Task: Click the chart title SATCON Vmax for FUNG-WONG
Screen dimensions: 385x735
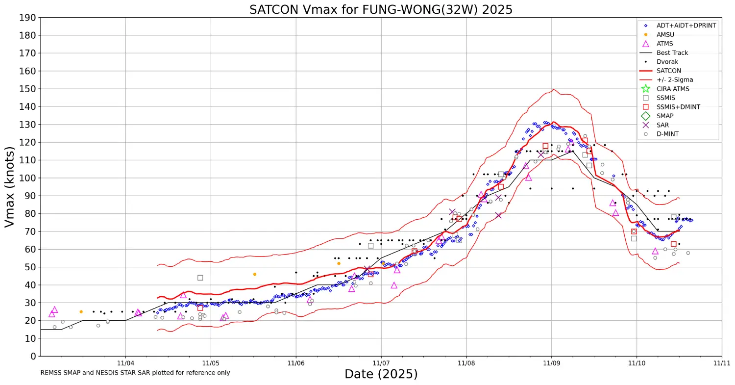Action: [x=381, y=9]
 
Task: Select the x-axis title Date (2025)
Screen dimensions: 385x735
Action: [x=381, y=374]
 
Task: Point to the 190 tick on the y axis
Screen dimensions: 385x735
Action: [x=28, y=18]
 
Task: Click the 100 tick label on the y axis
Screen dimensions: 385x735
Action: [x=28, y=178]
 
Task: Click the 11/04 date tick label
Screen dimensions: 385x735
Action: [x=125, y=364]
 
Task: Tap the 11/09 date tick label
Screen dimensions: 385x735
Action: [x=551, y=364]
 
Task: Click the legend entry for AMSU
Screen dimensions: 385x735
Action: [x=665, y=34]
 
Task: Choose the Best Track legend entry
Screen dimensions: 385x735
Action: [x=672, y=52]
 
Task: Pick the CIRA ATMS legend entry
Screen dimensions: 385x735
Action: [x=673, y=89]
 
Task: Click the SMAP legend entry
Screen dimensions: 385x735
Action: [x=665, y=116]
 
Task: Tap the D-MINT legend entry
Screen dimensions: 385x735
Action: [x=667, y=133]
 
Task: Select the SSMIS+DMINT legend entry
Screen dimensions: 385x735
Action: [x=678, y=106]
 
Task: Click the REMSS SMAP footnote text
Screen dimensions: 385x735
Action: [x=135, y=373]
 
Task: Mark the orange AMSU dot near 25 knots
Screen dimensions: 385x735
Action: [x=81, y=311]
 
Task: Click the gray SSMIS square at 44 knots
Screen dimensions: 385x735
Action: [x=200, y=278]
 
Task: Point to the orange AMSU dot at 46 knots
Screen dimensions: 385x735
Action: [x=254, y=274]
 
